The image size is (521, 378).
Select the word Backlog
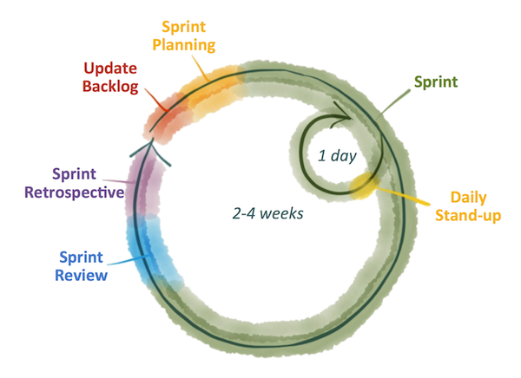[109, 88]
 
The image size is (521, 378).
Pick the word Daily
[475, 196]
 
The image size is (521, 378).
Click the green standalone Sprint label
[433, 84]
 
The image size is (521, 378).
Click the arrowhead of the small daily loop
[342, 114]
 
